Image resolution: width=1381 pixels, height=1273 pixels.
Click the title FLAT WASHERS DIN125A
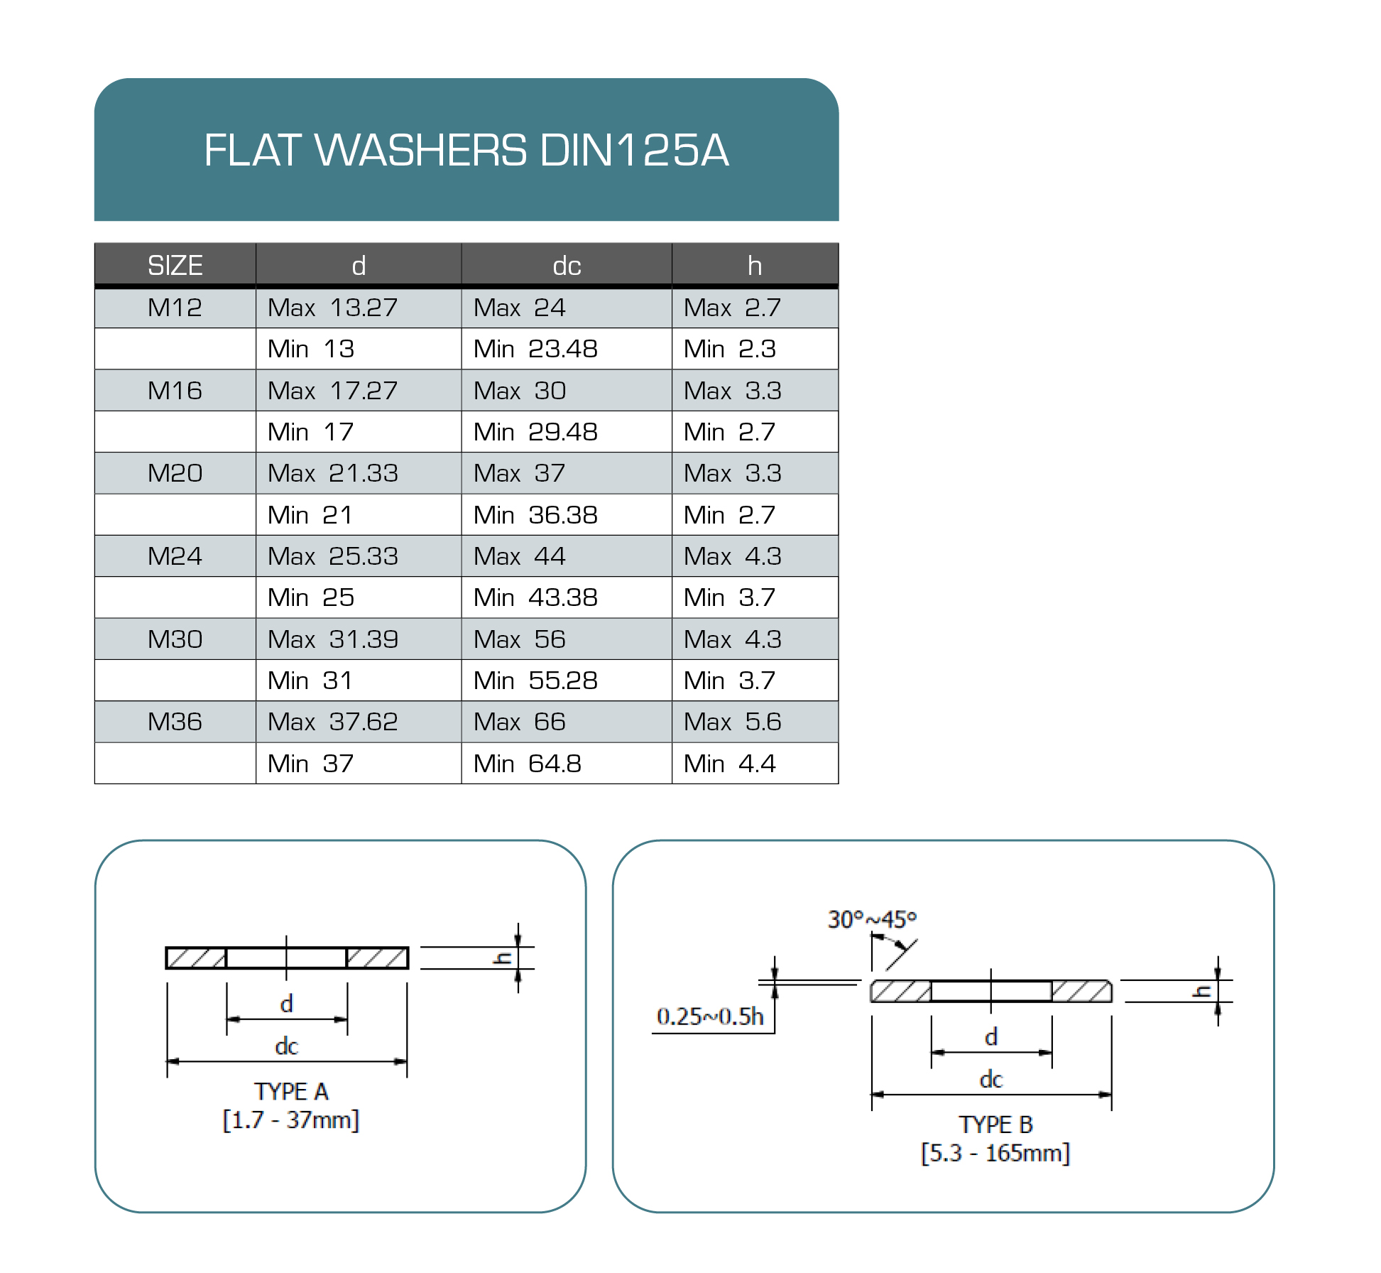(466, 150)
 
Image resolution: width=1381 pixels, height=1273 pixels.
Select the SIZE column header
(175, 266)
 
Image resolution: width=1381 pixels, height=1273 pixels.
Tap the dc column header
(567, 266)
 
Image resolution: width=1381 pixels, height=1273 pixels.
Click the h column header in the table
(754, 266)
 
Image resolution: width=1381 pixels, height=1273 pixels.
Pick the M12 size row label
(175, 308)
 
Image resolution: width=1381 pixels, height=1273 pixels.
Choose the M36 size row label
(175, 722)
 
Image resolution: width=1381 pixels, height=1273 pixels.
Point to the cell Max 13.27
(332, 308)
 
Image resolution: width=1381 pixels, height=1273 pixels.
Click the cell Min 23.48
(535, 349)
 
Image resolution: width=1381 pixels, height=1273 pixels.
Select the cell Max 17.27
(332, 391)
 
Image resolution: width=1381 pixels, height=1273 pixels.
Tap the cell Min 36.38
(535, 515)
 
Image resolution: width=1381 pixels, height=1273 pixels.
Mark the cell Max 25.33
(332, 556)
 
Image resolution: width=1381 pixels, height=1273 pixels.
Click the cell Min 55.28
(535, 681)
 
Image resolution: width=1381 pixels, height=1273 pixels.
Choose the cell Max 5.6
(732, 722)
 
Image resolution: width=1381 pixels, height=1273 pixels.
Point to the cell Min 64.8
(527, 764)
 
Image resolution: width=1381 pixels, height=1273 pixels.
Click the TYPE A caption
(291, 1092)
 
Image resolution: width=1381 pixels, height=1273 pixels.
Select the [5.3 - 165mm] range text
(995, 1153)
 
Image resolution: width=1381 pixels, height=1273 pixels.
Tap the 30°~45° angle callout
(872, 920)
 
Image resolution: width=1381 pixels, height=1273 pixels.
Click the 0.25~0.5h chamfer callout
(710, 1017)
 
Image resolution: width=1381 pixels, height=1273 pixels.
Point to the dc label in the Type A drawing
(286, 1046)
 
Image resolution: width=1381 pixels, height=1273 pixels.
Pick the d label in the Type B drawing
(991, 1037)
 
